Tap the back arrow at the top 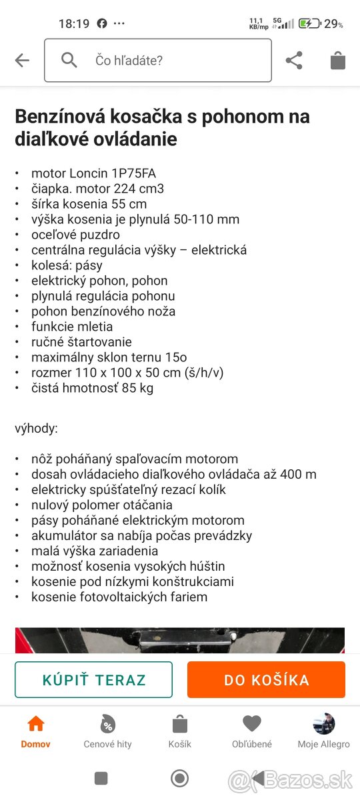22,61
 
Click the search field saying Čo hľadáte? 158,61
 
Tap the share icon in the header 294,61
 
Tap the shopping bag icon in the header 338,61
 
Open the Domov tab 35,731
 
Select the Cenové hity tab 107,731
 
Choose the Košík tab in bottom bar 179,731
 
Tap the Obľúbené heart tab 251,731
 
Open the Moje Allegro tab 323,731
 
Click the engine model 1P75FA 133,173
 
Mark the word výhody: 36,429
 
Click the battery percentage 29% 333,24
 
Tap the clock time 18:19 73,24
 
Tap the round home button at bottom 179,778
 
